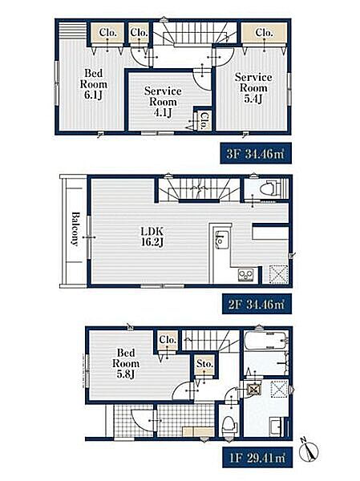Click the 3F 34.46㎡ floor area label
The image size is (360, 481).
255,153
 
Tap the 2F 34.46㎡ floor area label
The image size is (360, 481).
257,304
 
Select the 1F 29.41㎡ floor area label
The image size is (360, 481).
257,458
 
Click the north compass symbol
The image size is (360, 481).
309,451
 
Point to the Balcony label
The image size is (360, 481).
75,228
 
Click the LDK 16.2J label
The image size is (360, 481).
152,236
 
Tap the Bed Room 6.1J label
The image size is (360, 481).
94,84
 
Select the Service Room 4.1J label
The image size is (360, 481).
163,102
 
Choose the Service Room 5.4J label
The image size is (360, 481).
253,87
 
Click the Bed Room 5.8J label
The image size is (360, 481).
126,363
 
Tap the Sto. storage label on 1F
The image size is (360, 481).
204,364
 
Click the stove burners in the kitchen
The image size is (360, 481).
246,274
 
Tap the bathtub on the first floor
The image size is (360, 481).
266,339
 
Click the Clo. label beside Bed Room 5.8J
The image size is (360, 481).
168,340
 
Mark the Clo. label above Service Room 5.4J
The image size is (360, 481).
264,32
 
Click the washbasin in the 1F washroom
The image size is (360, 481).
277,426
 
